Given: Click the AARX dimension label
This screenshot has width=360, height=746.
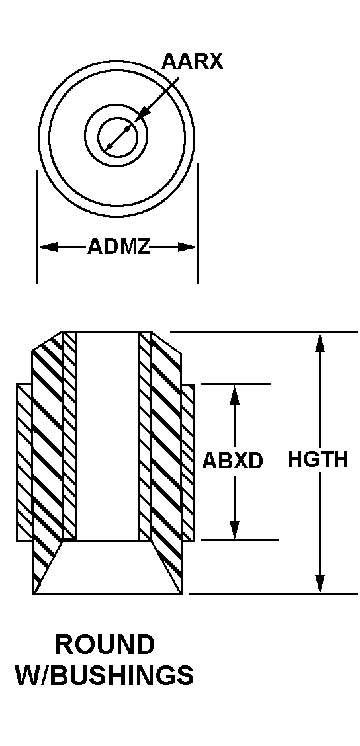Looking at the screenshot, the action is [192, 62].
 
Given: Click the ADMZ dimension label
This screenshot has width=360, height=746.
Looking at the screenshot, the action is [118, 247].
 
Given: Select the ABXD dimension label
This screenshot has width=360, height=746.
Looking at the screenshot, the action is [232, 460].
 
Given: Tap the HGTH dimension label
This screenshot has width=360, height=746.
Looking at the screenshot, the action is [318, 460].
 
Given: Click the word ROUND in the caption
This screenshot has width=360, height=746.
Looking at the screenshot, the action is [105, 645].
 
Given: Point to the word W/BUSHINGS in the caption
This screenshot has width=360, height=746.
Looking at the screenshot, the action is [105, 676].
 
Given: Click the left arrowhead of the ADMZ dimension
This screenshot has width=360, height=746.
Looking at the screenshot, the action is [47, 247].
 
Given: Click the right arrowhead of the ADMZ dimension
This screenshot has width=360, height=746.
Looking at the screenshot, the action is [187, 247].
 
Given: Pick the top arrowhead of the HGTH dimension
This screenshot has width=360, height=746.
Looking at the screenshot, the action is [320, 342].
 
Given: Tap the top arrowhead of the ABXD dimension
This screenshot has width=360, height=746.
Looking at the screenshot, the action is [234, 394].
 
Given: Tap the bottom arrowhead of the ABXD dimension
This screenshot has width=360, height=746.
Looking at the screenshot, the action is [234, 530].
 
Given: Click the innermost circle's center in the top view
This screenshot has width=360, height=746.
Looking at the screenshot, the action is [118, 137].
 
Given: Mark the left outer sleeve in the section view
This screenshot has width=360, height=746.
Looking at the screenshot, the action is [24, 462].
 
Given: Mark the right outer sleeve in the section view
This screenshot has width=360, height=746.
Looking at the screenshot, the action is [188, 462].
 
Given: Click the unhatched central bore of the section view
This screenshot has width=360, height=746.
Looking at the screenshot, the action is [107, 436].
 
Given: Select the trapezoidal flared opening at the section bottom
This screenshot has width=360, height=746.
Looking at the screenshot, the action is [108, 567].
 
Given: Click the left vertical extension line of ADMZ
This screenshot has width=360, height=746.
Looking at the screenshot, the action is [36, 227].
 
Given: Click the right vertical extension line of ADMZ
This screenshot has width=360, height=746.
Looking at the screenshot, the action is [198, 224].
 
